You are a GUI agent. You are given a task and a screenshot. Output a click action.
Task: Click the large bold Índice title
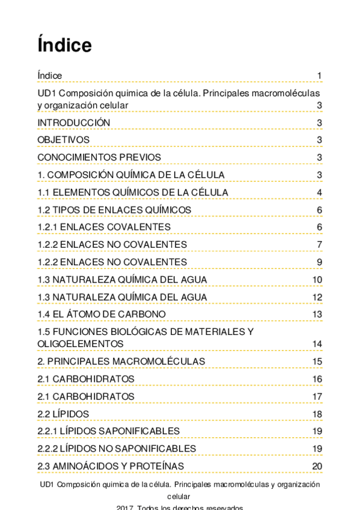click(x=64, y=45)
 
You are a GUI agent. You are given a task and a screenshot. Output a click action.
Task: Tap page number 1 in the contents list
click(x=320, y=76)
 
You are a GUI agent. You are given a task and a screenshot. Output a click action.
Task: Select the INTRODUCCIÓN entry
click(x=74, y=123)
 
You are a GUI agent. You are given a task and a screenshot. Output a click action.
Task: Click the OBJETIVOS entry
click(x=64, y=140)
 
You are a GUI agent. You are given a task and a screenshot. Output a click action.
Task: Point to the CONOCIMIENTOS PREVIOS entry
click(x=99, y=158)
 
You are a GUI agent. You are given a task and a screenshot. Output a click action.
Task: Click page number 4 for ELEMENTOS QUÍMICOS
click(x=320, y=192)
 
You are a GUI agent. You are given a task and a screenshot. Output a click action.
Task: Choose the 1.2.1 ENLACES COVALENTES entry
click(x=104, y=227)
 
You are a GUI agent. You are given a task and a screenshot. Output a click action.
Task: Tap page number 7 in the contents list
click(x=320, y=245)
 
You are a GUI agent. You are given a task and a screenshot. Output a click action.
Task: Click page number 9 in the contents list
click(x=320, y=262)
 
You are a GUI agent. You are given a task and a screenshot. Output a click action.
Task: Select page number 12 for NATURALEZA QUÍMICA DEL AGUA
click(x=317, y=297)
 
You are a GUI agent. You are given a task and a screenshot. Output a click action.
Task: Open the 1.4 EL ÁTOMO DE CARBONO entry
click(x=102, y=315)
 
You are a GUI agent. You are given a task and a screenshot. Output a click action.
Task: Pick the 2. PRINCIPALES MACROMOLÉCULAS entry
click(x=121, y=361)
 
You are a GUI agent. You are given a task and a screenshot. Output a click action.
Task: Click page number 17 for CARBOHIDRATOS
click(x=317, y=396)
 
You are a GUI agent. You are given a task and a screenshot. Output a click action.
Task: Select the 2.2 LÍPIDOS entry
click(x=63, y=414)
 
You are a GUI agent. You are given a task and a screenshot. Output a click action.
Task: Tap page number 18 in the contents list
click(x=317, y=414)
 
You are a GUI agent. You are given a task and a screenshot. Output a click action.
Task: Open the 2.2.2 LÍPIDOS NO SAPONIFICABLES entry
click(x=117, y=449)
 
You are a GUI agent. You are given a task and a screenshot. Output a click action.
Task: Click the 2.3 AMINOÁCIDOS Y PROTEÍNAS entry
click(x=111, y=466)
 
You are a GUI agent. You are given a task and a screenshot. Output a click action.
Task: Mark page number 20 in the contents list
click(x=317, y=466)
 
